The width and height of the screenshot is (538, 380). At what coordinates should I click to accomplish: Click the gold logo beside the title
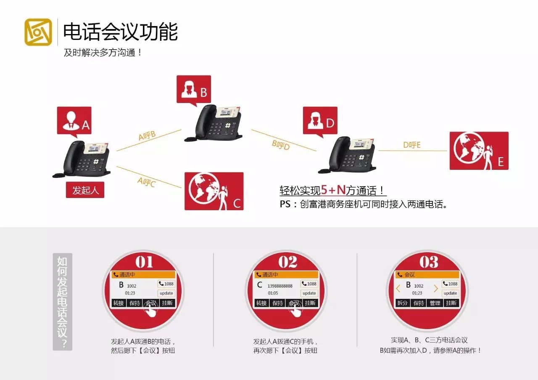(38, 32)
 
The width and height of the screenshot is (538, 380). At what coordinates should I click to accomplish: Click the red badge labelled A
(74, 121)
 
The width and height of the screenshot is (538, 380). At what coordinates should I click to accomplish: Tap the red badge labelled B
(194, 90)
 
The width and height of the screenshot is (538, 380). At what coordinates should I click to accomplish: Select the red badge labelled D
(320, 121)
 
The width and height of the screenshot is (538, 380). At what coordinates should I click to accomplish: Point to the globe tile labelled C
(214, 191)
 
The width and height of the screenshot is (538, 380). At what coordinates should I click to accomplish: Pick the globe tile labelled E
(479, 150)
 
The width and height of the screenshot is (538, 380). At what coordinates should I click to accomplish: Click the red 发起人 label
(85, 190)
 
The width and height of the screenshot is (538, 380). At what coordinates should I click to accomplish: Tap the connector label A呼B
(147, 135)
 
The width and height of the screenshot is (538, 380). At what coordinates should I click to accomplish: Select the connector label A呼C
(146, 182)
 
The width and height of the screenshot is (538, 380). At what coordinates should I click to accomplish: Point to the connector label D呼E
(411, 145)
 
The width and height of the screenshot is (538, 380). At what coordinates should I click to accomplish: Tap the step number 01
(144, 261)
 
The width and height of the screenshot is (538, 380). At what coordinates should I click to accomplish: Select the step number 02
(287, 261)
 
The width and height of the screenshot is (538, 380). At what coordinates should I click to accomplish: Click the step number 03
(429, 261)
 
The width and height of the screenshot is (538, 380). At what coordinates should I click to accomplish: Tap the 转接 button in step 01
(119, 303)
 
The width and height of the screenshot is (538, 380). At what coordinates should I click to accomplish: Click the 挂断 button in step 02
(310, 303)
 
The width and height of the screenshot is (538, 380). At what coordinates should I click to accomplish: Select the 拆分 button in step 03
(402, 303)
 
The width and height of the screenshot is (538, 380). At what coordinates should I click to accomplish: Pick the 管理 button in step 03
(435, 303)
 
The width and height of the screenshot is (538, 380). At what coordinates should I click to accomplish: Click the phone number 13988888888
(280, 286)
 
